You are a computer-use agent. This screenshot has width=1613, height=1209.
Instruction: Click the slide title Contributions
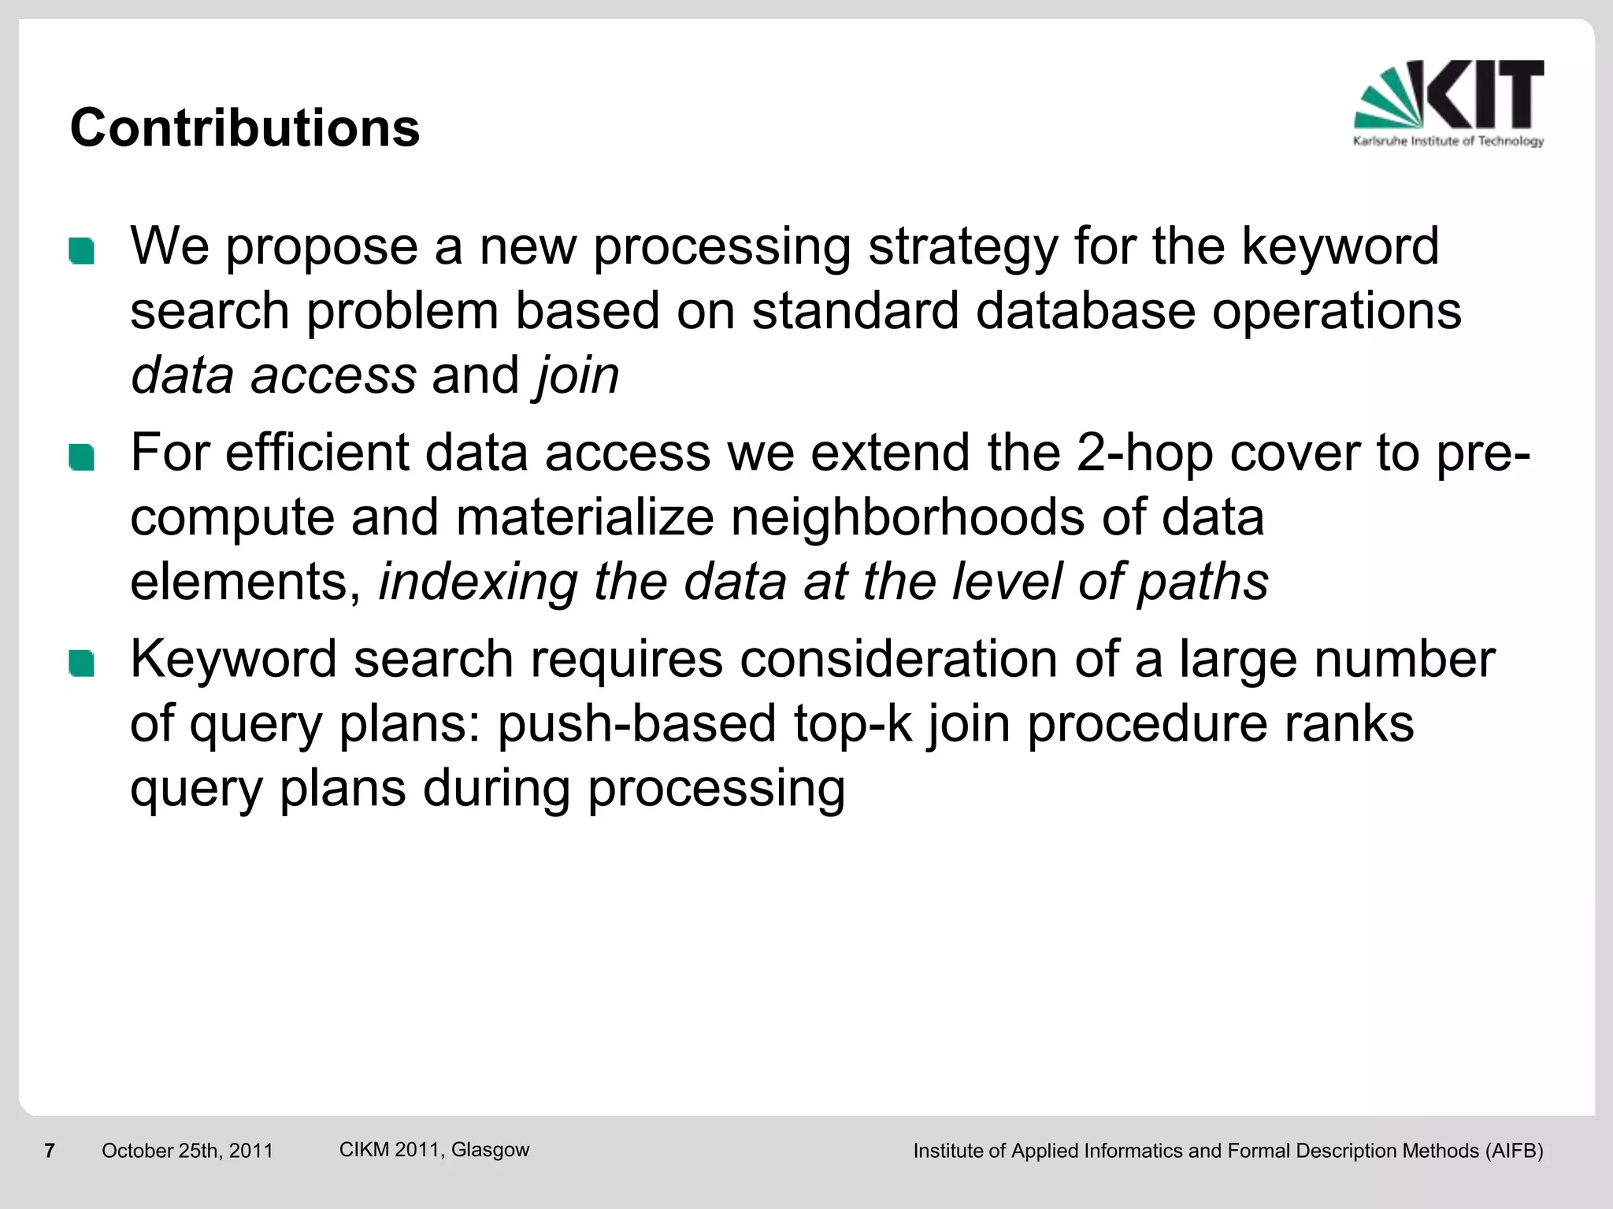[x=245, y=128]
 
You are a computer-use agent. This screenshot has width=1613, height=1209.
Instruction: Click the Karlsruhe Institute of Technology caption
[x=1448, y=141]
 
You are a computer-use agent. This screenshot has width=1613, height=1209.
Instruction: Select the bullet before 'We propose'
[x=81, y=251]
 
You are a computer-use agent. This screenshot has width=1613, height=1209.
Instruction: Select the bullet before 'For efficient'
[x=81, y=457]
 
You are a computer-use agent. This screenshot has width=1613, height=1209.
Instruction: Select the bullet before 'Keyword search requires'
[x=81, y=664]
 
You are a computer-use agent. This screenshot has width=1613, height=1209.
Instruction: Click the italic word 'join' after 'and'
[x=577, y=375]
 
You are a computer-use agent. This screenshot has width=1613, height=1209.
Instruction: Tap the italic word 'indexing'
[x=478, y=582]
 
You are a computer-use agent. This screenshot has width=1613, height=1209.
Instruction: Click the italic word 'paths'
[x=1203, y=582]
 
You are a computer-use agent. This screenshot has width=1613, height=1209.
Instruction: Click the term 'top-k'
[x=852, y=723]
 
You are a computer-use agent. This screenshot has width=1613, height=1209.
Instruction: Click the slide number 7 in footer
[x=50, y=1151]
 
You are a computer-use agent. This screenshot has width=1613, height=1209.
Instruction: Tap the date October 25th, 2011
[x=187, y=1151]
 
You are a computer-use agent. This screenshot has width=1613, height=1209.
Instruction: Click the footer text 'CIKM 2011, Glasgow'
[x=434, y=1149]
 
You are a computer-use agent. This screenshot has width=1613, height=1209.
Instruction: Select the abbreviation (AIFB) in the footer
[x=1514, y=1151]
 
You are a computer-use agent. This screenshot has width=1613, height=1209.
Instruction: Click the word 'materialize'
[x=584, y=517]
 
